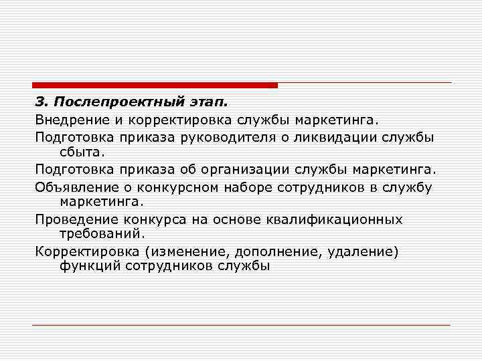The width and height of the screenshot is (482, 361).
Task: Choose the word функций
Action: [x=88, y=266]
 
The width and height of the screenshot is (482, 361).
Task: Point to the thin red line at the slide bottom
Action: [x=241, y=325]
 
